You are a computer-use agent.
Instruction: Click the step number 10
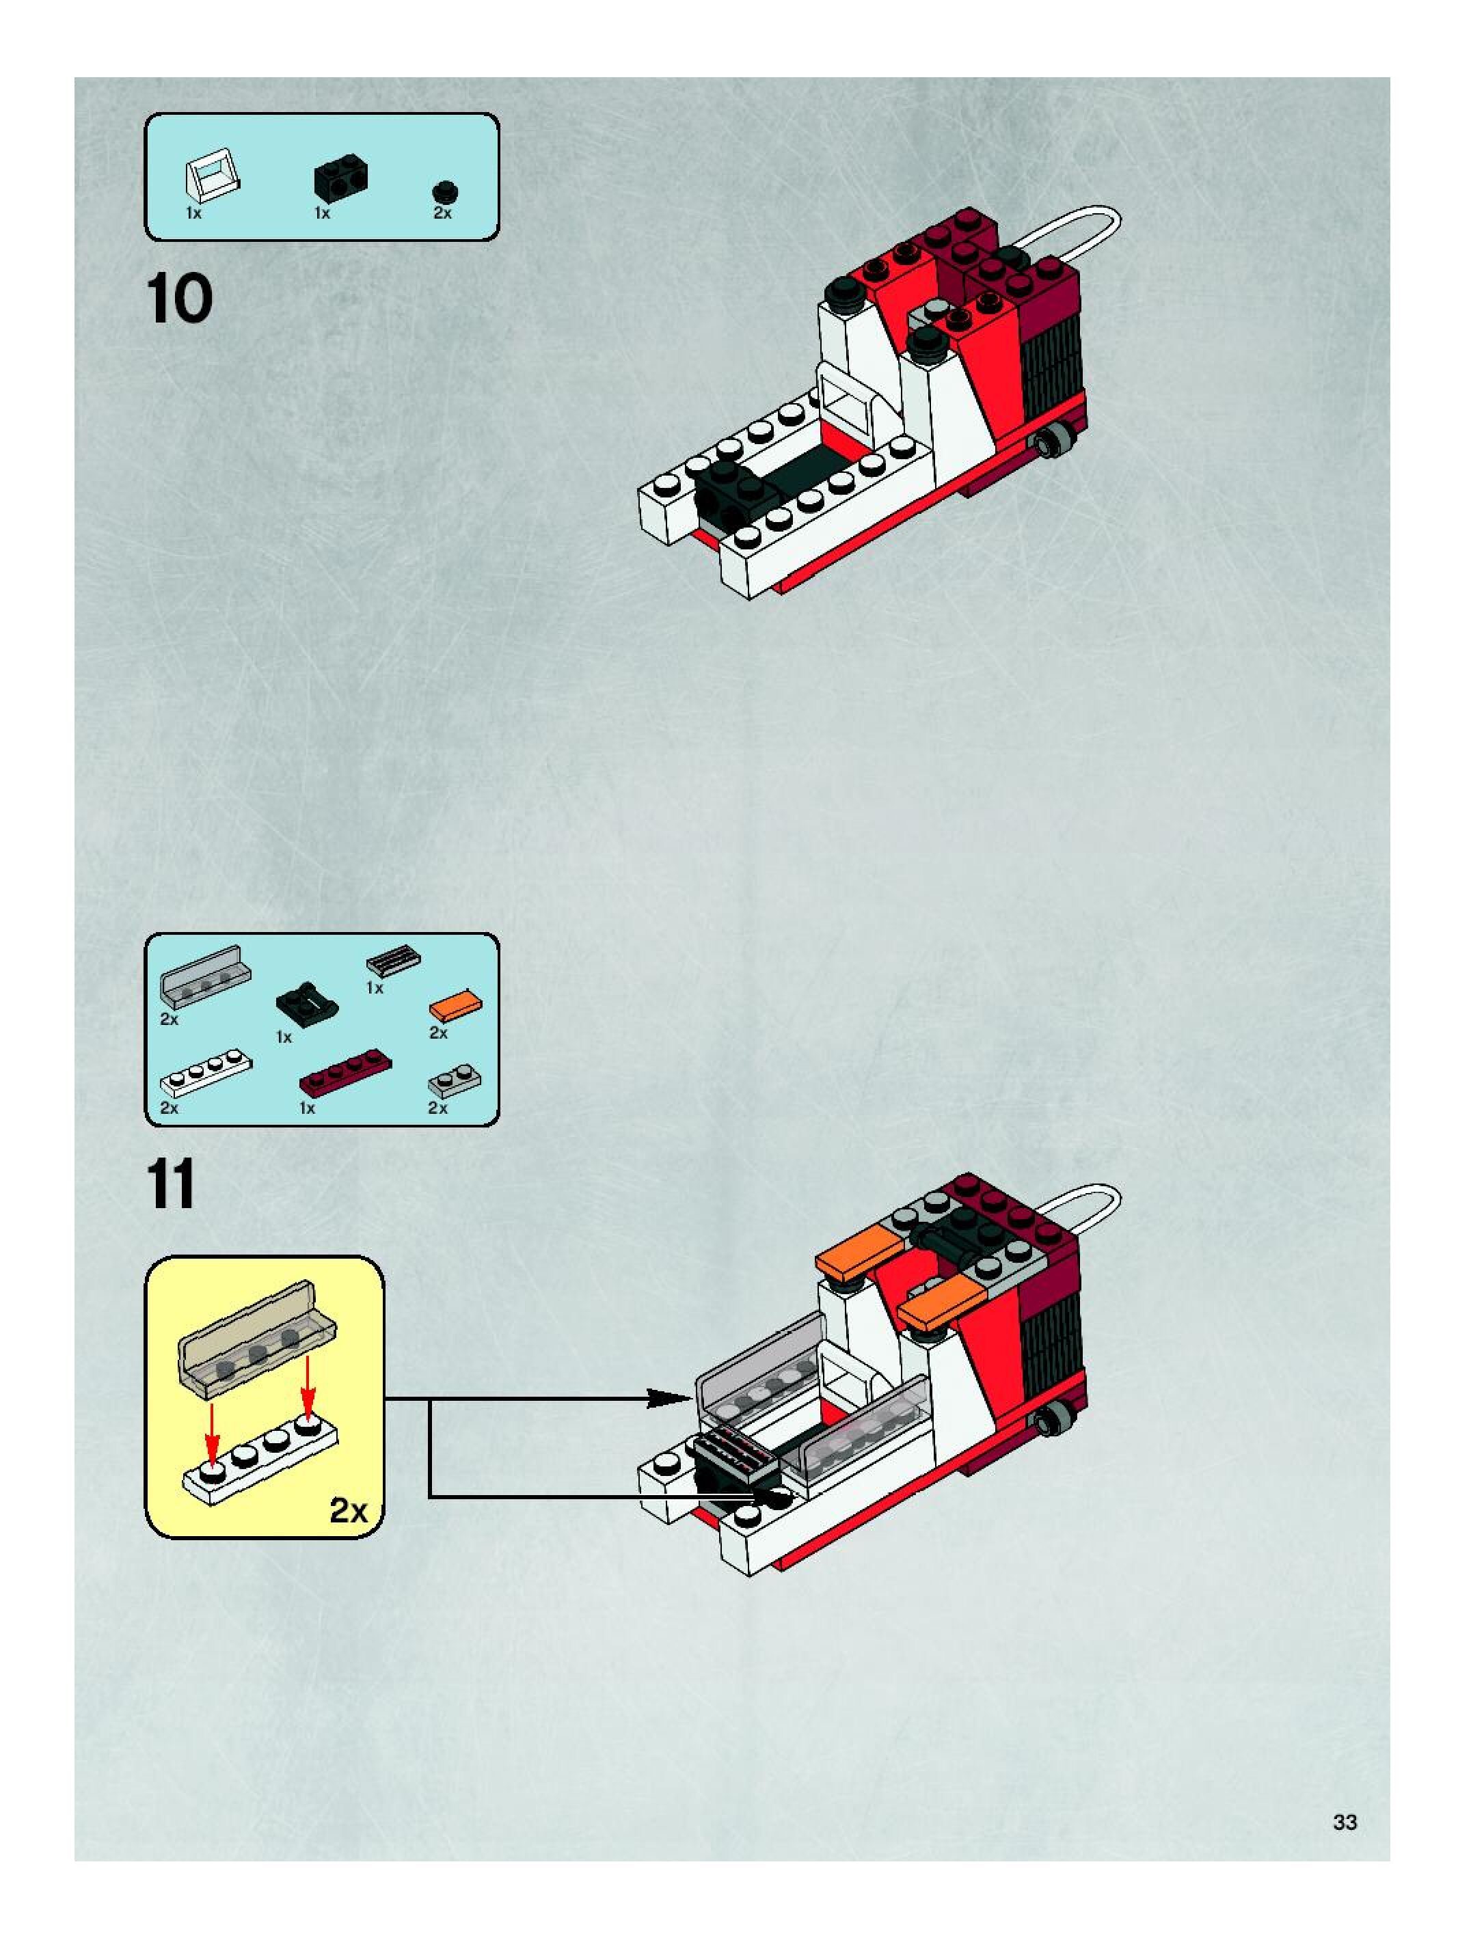179,299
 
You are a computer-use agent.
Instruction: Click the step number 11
172,1184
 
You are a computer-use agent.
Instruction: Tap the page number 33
1345,1822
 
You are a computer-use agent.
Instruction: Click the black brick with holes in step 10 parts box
340,178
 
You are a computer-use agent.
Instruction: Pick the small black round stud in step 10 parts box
445,192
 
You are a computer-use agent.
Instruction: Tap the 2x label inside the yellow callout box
348,1510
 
